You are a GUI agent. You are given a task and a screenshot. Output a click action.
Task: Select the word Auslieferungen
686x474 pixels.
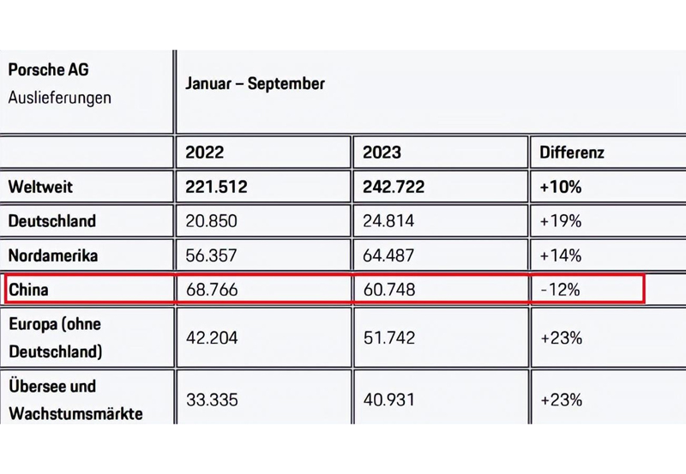pyautogui.click(x=59, y=97)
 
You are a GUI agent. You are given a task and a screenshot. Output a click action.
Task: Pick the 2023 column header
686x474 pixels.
pyautogui.click(x=382, y=153)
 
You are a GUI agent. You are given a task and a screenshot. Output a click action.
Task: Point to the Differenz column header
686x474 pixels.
pyautogui.click(x=572, y=153)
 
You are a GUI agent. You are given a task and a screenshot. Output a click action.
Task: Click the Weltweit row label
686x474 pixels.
pyautogui.click(x=42, y=187)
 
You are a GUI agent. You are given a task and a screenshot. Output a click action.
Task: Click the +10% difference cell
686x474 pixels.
pyautogui.click(x=561, y=187)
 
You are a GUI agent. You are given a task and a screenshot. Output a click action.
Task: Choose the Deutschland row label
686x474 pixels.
pyautogui.click(x=51, y=221)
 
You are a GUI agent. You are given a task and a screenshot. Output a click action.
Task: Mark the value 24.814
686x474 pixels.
pyautogui.click(x=388, y=221)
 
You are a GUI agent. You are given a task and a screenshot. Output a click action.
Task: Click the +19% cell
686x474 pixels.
pyautogui.click(x=561, y=221)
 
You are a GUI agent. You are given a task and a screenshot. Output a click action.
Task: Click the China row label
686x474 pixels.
pyautogui.click(x=28, y=290)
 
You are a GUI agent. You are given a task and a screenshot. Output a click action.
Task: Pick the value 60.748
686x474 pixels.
pyautogui.click(x=389, y=290)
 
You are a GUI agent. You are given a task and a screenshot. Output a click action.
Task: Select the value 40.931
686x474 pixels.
pyautogui.click(x=388, y=399)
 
